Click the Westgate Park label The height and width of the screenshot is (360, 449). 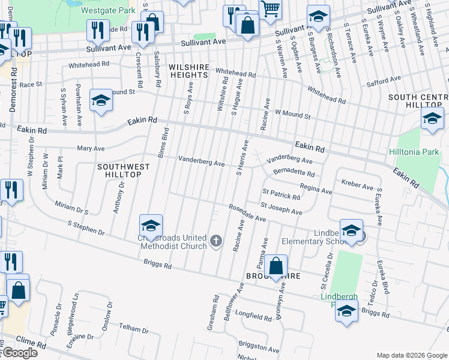point(109,10)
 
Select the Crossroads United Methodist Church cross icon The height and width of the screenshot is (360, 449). point(217,242)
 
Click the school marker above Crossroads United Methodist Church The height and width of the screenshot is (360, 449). point(151,225)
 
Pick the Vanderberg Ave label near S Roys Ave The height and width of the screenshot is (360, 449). point(202,161)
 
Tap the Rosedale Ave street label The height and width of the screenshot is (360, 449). point(247,213)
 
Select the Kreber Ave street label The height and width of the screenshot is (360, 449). point(357,183)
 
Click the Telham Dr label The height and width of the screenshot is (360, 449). point(133,329)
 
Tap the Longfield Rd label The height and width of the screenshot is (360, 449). point(253,315)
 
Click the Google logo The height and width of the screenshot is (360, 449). point(19,353)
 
